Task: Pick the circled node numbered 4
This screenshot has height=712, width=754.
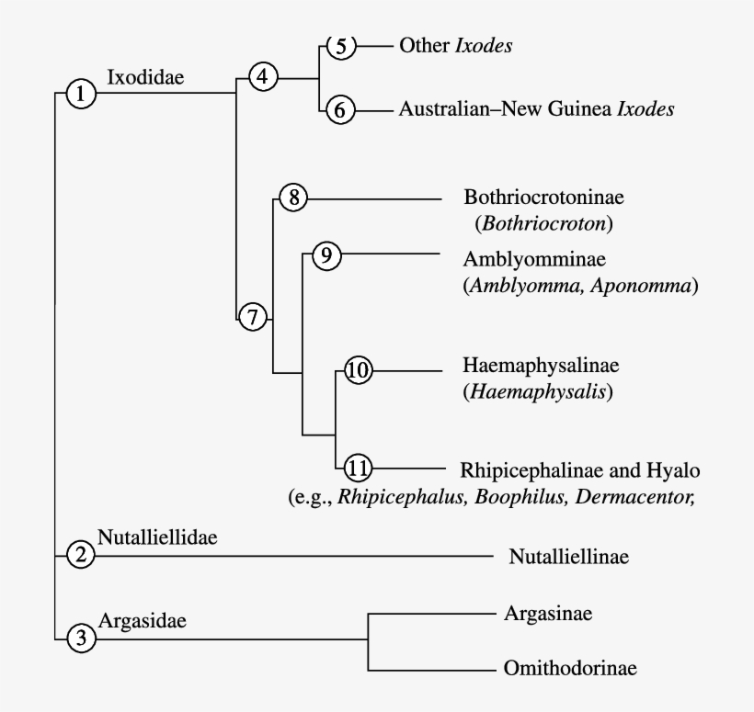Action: pos(264,77)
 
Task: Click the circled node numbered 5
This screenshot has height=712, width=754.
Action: pos(340,46)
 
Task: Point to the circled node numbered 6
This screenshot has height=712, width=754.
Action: pos(340,109)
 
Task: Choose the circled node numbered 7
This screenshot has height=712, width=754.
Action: pos(253,317)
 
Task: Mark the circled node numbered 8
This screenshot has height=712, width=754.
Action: pos(292,197)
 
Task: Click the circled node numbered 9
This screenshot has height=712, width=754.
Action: pos(326,255)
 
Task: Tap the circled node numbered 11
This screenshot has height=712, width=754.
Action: pos(358,469)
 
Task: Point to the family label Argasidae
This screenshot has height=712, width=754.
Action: pos(142,620)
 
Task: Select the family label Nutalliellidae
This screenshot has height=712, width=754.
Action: pos(157,537)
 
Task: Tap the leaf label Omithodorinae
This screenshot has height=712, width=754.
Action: pos(570,668)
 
